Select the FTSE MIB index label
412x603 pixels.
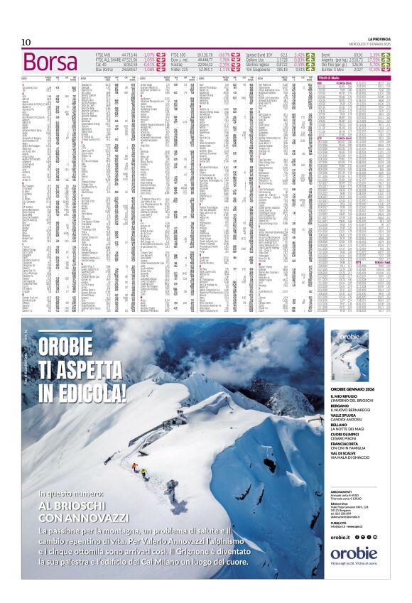point(104,54)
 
